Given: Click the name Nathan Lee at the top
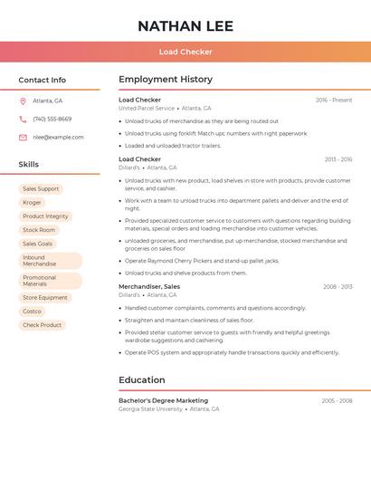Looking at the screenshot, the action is (x=185, y=26).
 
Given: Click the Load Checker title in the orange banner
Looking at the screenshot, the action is (x=185, y=52).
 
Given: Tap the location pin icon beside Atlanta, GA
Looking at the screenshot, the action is (x=23, y=101).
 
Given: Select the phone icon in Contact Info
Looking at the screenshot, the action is (x=23, y=119).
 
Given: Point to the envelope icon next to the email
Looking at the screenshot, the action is (x=23, y=138).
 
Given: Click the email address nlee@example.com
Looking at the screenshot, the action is (x=58, y=138).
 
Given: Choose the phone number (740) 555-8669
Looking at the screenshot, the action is (x=52, y=119).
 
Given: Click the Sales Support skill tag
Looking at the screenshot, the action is (x=41, y=189).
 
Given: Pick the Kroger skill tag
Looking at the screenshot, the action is (x=32, y=203).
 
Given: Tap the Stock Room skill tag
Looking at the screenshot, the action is (x=39, y=230).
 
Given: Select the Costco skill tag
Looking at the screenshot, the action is (x=32, y=312).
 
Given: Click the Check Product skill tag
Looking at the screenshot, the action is (x=42, y=325).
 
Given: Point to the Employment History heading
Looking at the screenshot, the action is (x=166, y=80).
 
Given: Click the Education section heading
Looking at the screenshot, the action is (x=142, y=380).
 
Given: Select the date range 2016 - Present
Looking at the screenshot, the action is (x=334, y=101).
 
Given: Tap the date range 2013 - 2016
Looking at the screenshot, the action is (x=338, y=159).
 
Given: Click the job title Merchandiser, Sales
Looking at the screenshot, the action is (x=149, y=287).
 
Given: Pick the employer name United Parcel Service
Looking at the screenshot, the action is (x=147, y=108).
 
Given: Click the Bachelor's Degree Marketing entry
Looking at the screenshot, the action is (x=163, y=400).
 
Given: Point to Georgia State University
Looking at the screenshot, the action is (x=150, y=408).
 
